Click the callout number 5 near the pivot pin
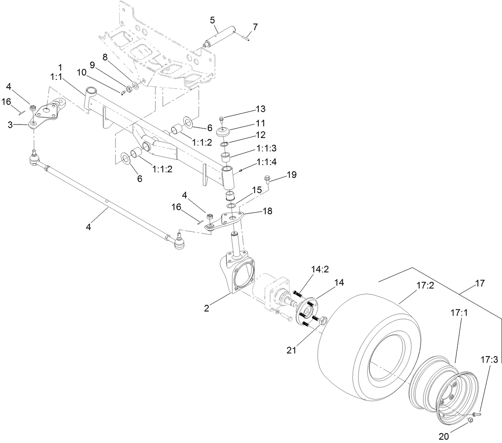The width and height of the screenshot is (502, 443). (212, 19)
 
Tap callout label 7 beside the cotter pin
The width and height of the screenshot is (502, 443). (255, 27)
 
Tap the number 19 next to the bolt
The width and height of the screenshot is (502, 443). (292, 175)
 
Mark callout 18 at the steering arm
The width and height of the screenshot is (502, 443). (268, 211)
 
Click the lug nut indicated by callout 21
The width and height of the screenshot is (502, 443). (324, 320)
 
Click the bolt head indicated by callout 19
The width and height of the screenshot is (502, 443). (266, 180)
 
